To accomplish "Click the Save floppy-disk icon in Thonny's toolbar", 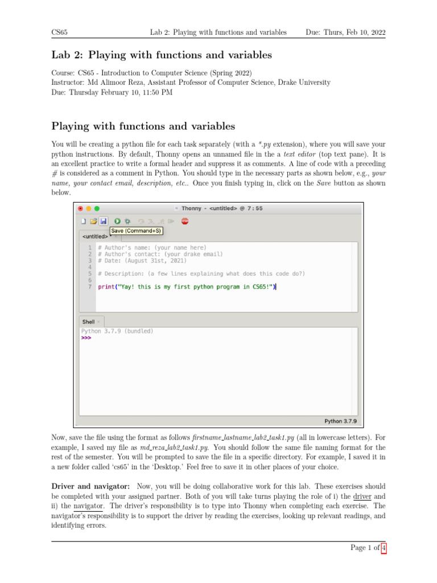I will click(x=103, y=221).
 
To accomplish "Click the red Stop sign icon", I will click(x=185, y=221).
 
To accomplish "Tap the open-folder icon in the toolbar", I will click(x=93, y=221).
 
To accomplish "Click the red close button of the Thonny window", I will click(x=80, y=208).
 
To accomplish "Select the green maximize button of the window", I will click(x=97, y=208).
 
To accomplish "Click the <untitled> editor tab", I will click(x=95, y=236).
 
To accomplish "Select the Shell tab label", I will click(x=88, y=322).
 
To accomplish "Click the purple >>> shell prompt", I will click(x=86, y=338).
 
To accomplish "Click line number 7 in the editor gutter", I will click(x=90, y=287).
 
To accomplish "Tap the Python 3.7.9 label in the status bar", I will click(x=340, y=421).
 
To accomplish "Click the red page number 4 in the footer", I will click(x=384, y=548).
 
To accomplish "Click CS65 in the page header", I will click(x=60, y=33).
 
